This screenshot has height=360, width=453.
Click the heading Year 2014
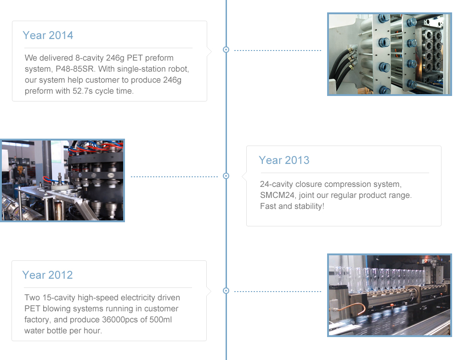coord(48,35)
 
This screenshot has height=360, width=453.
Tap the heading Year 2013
coord(284,160)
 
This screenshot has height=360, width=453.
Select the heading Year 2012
coord(47,275)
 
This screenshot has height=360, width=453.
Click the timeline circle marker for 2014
coord(226,50)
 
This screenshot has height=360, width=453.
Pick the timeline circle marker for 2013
coord(226,176)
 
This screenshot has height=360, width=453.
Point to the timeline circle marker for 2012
coord(226,291)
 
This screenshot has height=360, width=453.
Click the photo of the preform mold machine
coord(390,54)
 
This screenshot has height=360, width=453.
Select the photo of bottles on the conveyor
coord(390,295)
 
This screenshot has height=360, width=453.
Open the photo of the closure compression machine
coord(62,180)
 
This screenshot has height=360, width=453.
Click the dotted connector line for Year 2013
coord(174,176)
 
